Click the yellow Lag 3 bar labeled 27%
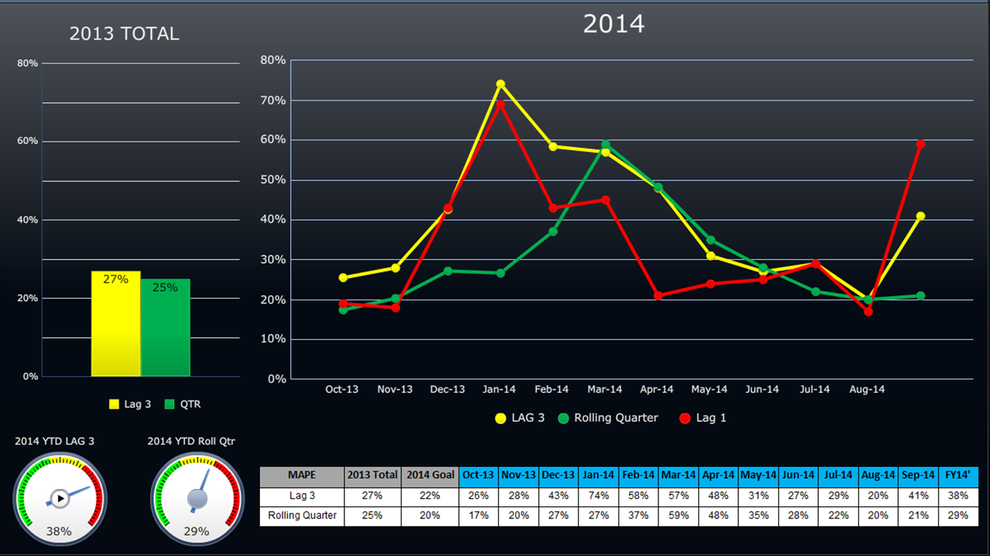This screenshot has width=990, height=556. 116,324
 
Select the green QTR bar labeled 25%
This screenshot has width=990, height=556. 165,328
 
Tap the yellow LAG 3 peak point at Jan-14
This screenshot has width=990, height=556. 500,84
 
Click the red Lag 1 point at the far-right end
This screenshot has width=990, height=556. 920,144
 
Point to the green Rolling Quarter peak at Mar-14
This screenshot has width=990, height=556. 605,144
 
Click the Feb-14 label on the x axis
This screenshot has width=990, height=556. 552,390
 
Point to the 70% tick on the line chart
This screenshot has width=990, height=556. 273,100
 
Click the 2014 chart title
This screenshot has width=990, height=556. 613,24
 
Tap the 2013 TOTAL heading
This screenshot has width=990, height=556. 124,34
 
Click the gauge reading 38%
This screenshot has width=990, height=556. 59,498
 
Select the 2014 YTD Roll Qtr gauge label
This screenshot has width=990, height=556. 191,441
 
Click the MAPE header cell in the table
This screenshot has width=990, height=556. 301,476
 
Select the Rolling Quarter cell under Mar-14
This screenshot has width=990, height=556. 678,516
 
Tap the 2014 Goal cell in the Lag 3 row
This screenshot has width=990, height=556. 430,496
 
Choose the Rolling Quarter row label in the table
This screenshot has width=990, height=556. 301,516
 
